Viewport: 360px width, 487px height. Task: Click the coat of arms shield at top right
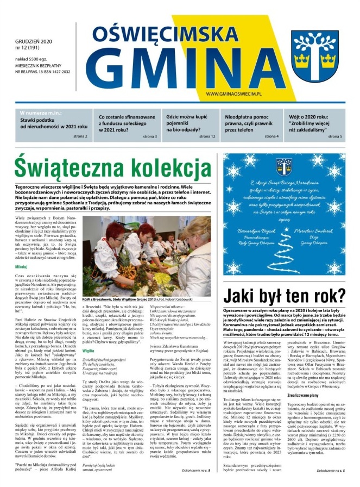point(321,52)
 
